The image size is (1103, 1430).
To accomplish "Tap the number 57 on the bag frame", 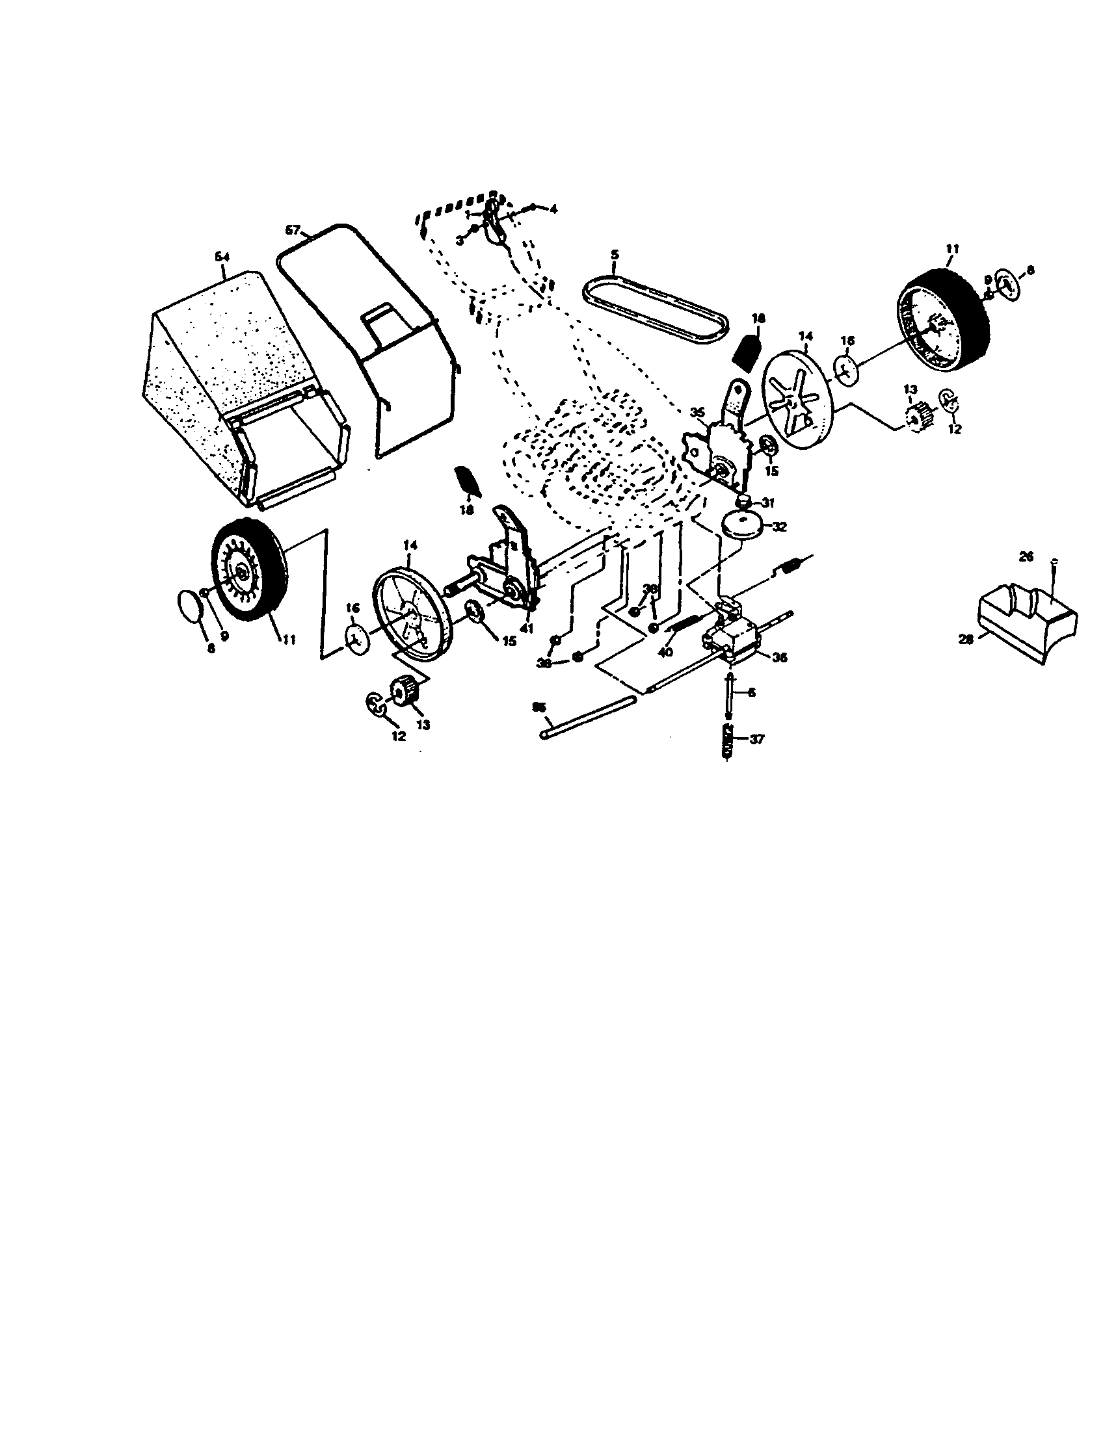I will (x=293, y=230).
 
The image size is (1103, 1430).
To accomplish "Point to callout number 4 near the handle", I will (x=553, y=209).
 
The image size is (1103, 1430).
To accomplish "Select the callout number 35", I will (x=697, y=413).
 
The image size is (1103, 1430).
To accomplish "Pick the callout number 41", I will (x=527, y=628).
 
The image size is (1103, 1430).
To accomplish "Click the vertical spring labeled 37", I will (x=726, y=739).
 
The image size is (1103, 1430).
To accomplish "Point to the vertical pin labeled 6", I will (x=729, y=692).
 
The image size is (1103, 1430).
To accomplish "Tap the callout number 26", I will (x=1026, y=556).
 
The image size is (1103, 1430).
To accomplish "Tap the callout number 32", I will (x=779, y=526).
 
